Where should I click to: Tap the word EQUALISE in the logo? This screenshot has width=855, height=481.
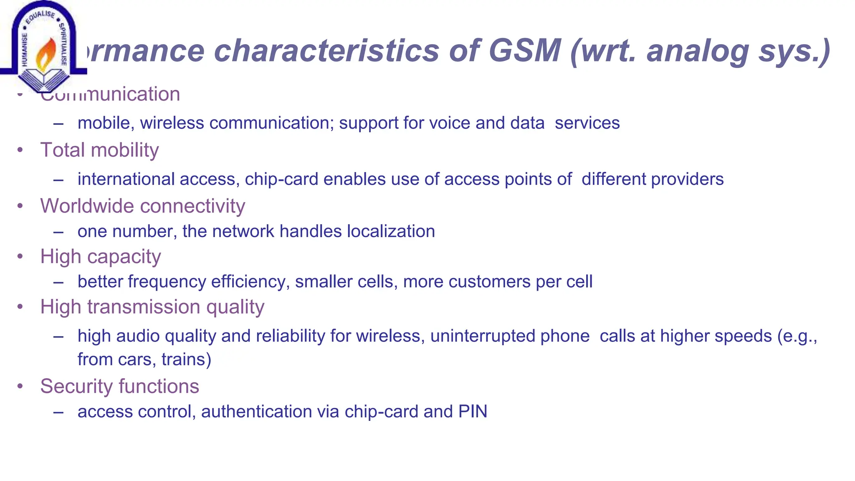coord(40,17)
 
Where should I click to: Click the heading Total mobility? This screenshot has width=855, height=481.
coord(99,150)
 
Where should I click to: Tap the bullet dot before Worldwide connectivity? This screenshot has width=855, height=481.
coord(20,206)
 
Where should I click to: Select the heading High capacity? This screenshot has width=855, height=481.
coord(100,256)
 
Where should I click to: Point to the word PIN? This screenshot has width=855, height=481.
coord(473,412)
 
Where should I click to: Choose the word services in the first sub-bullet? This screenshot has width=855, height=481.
coord(587,123)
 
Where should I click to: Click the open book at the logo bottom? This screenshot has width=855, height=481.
coord(44,79)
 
